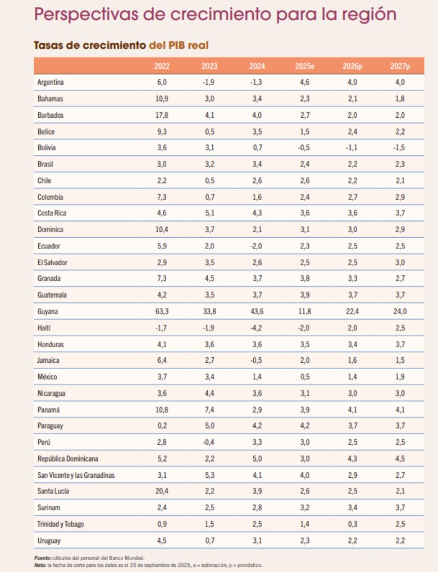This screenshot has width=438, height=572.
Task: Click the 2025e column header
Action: point(304,66)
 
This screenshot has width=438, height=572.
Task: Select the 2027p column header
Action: point(400,66)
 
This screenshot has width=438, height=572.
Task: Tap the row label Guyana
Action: point(48,311)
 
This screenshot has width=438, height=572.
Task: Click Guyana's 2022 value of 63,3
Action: point(162,311)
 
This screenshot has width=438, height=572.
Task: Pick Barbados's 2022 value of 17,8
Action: point(162,115)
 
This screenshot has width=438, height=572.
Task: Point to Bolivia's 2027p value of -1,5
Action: point(399,147)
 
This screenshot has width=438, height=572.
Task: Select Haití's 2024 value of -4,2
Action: point(257,327)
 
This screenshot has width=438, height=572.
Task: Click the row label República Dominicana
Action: point(71,458)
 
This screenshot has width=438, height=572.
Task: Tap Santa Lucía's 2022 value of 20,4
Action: point(162,491)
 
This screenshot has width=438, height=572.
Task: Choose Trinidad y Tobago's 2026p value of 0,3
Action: point(352,524)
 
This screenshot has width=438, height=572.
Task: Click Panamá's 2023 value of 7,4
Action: point(209,409)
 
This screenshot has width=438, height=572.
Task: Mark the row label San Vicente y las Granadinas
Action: point(76,474)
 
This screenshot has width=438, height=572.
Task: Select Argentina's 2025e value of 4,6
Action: point(304,82)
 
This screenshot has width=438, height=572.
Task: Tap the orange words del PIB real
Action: point(178,44)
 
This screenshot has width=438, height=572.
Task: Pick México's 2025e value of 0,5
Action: point(304,376)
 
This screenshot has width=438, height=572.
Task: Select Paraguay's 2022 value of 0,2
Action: point(162,426)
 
